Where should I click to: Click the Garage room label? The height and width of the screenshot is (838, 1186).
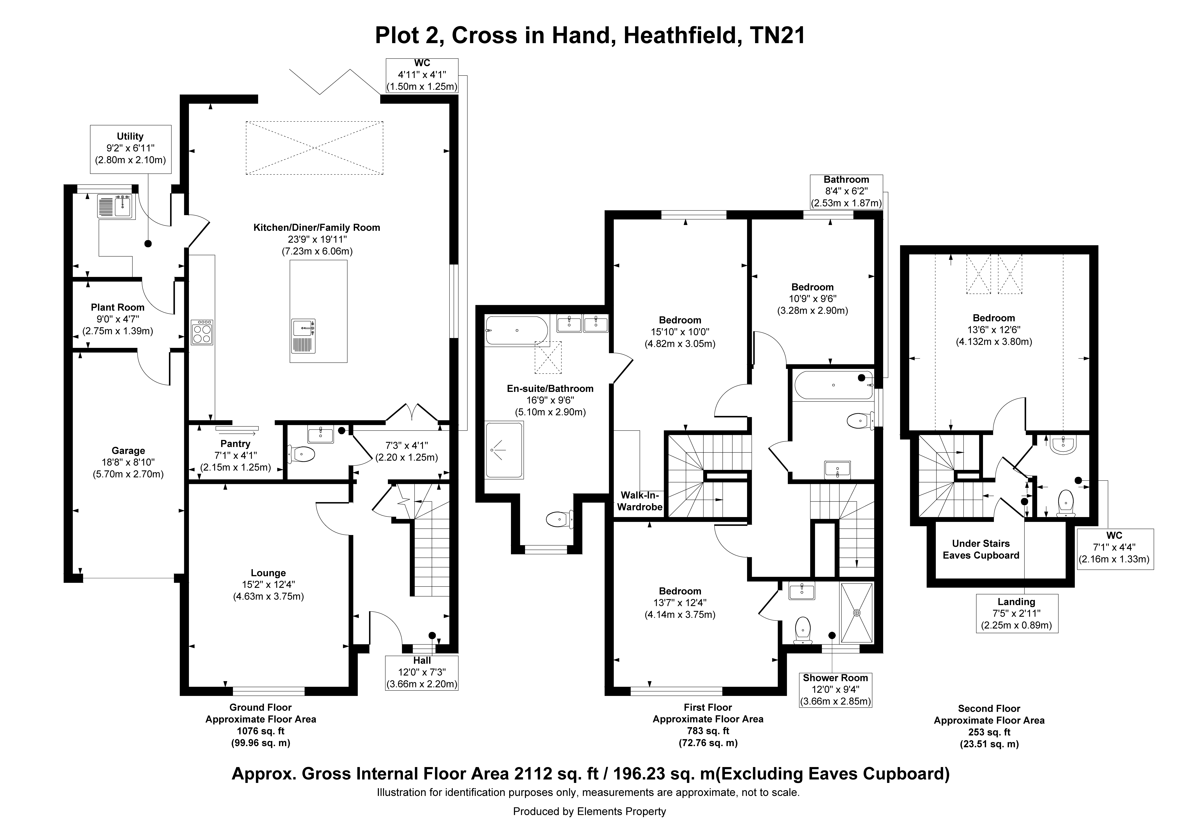point(128,451)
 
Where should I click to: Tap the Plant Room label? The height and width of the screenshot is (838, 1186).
point(118,307)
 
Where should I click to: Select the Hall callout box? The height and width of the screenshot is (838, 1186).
point(422,673)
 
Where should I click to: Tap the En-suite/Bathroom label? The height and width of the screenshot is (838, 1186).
point(550,389)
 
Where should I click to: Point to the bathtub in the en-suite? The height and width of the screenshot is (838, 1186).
point(517,331)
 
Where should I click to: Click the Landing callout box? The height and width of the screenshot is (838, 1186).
point(1016,613)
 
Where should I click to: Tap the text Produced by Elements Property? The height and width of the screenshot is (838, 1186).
point(589,812)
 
